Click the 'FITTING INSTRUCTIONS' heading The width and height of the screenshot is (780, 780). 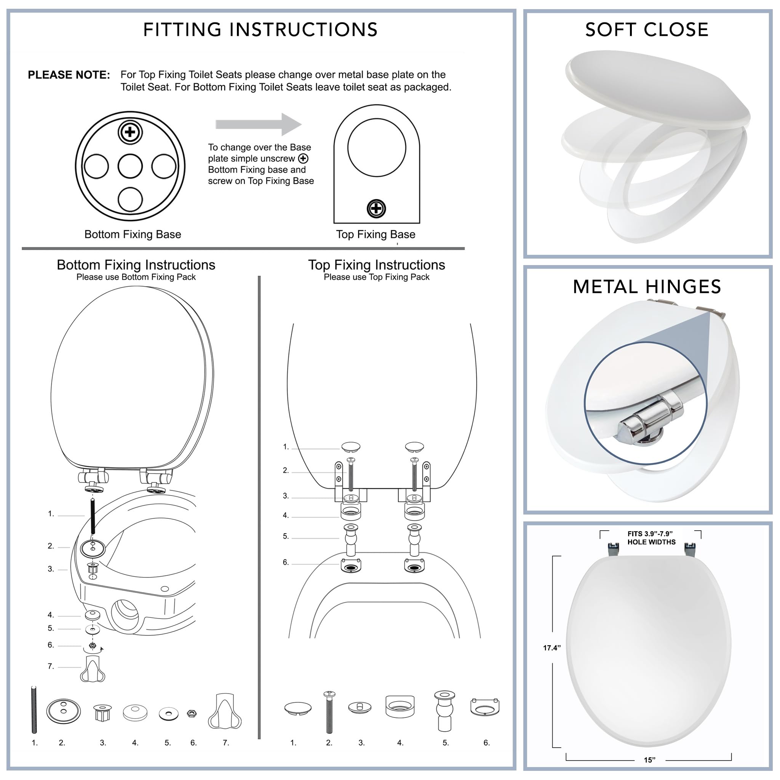coord(261,30)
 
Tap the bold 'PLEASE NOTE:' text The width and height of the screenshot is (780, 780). coord(69,75)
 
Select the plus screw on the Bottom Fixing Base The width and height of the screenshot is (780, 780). coord(130,132)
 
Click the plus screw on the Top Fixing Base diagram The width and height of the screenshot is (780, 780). coord(376,209)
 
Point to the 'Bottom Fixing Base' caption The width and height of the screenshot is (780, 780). coord(133,235)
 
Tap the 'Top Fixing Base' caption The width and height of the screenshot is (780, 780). coord(376,235)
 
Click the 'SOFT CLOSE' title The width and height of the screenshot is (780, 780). coord(647,30)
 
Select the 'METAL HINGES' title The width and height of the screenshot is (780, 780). coord(647,287)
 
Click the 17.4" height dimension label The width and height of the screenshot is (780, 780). coord(551,647)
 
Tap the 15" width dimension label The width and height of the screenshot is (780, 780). coord(649,760)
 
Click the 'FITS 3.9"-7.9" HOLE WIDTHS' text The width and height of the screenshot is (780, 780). coord(651,538)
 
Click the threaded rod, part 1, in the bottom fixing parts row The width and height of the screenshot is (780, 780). coord(34,710)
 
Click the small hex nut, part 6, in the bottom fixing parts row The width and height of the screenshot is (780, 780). coord(192,714)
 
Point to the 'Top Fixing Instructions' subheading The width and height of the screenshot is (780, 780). coord(376,265)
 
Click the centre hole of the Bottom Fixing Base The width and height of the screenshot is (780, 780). coord(130,166)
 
